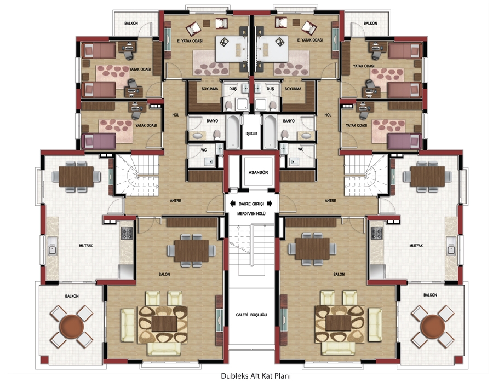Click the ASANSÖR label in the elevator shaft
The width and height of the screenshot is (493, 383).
(x=258, y=172)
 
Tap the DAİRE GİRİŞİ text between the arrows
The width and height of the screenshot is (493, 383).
(x=251, y=204)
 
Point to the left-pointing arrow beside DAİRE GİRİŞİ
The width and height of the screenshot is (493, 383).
(x=233, y=204)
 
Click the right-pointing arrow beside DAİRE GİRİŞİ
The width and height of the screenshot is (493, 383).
(x=270, y=204)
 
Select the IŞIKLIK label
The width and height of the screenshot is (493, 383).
(x=251, y=134)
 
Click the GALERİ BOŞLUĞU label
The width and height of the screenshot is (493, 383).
(x=251, y=315)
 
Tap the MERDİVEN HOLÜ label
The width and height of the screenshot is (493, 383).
(x=251, y=214)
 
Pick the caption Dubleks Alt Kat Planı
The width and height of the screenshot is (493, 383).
(x=255, y=376)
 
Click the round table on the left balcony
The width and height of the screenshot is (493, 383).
(x=72, y=326)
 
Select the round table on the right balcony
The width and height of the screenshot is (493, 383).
(x=433, y=326)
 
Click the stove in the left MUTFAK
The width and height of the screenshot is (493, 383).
(x=127, y=233)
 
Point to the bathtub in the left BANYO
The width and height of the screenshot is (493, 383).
(x=233, y=132)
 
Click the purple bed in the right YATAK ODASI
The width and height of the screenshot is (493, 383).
(x=404, y=141)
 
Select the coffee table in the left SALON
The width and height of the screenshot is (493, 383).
(x=164, y=324)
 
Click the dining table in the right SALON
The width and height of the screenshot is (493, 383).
(x=312, y=248)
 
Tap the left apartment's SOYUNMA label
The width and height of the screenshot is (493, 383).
(x=210, y=89)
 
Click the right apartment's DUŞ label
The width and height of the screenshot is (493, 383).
(x=271, y=89)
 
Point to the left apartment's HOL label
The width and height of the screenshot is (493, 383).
(x=175, y=115)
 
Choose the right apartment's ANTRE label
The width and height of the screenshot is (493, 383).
(x=330, y=201)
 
